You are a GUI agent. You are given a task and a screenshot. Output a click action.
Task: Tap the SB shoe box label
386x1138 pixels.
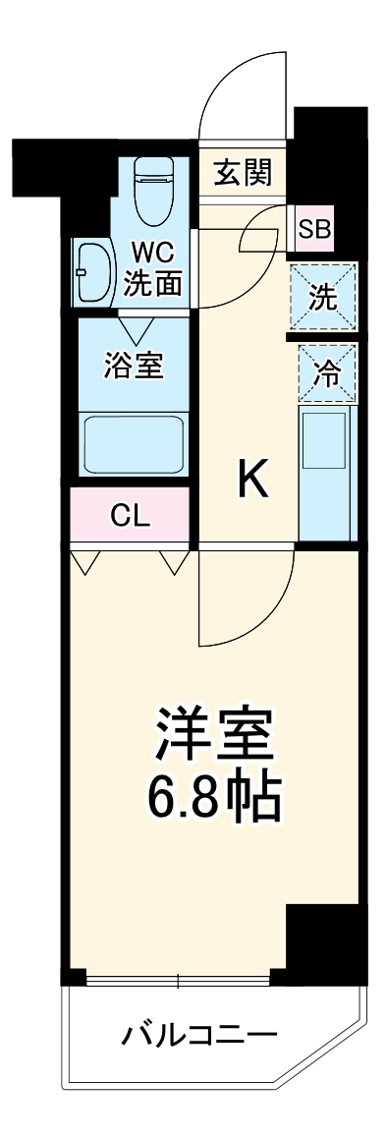click(x=314, y=230)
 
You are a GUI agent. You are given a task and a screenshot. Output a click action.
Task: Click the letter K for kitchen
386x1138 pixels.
click(x=254, y=480)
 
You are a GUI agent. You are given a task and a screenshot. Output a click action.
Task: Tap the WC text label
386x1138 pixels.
click(x=153, y=253)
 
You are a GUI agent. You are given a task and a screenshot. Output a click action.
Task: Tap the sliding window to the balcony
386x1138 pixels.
click(x=178, y=979)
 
